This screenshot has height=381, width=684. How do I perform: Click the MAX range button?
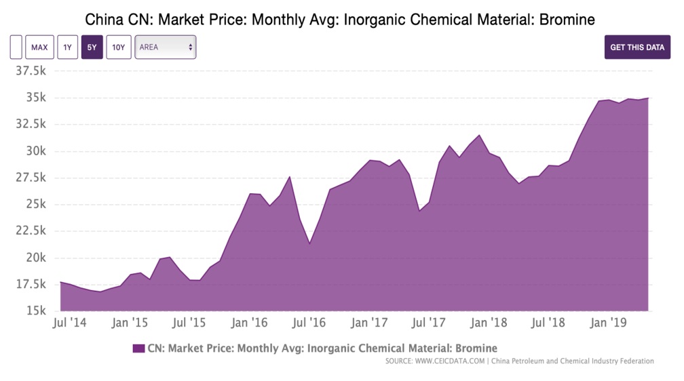tap(39, 47)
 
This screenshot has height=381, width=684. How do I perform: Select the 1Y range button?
tap(67, 47)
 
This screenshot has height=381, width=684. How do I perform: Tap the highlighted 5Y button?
tap(92, 47)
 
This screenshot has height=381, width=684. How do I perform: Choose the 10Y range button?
tap(119, 47)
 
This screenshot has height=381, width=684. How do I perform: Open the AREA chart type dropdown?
tap(165, 47)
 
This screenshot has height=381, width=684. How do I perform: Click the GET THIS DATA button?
tap(637, 47)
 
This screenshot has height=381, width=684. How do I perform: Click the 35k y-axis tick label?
tap(35, 98)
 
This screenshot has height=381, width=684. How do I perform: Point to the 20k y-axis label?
tap(35, 258)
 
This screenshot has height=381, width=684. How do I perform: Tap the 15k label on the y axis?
tap(35, 311)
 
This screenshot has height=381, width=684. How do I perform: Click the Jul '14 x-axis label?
tap(70, 323)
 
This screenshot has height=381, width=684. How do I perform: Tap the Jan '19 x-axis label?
tap(609, 323)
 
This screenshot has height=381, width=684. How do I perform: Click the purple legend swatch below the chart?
tap(138, 348)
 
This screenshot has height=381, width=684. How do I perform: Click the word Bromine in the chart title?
tap(571, 20)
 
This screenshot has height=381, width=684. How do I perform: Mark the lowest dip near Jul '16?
tap(309, 243)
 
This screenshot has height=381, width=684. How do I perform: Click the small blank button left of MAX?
tap(16, 47)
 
